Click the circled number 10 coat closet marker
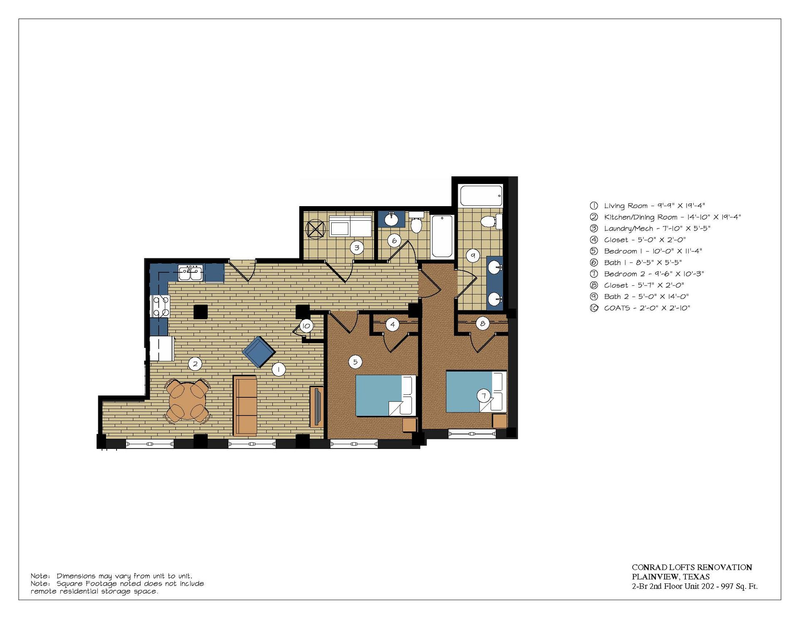306,326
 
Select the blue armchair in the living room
258,352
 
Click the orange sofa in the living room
245,406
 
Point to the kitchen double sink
190,273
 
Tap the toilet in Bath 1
416,222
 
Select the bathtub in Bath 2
481,196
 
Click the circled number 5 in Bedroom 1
355,362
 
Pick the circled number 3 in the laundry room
357,248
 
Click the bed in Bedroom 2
476,391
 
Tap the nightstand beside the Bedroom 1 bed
409,425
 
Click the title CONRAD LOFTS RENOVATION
692,567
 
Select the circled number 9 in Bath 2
473,256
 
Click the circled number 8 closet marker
483,324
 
